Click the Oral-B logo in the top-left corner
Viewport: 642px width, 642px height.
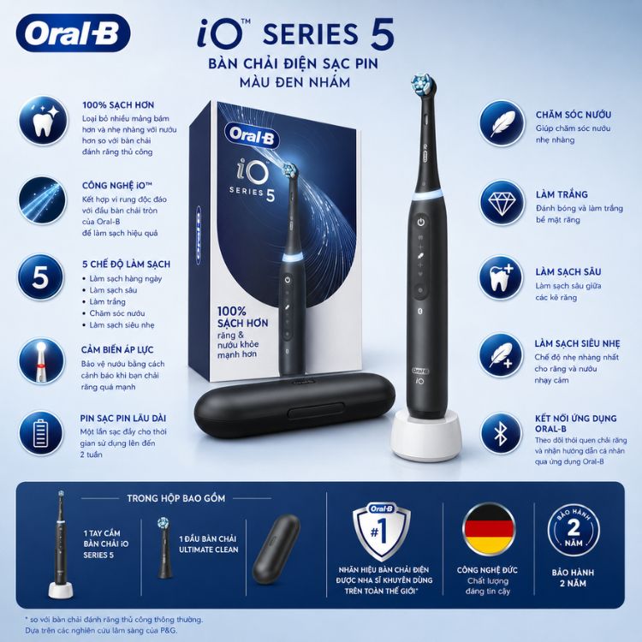click(74, 33)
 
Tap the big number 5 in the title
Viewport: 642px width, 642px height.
click(383, 34)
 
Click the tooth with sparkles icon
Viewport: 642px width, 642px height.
click(43, 120)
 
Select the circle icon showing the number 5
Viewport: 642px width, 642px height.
click(41, 276)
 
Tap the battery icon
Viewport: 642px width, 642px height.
click(41, 433)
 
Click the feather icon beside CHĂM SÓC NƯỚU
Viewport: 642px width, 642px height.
click(502, 123)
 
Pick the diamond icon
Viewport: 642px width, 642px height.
click(502, 202)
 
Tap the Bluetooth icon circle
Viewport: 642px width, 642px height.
click(502, 434)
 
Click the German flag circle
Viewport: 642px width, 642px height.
click(488, 530)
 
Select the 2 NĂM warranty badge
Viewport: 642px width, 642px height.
click(574, 530)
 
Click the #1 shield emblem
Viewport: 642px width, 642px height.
click(382, 531)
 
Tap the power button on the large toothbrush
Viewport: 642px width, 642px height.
click(421, 223)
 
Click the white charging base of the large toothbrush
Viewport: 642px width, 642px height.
click(426, 436)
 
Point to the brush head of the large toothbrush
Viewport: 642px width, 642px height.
click(423, 85)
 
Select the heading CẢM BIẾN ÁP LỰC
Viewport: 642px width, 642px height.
click(117, 349)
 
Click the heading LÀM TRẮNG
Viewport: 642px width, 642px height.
click(562, 194)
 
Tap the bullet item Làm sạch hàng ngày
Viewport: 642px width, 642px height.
click(126, 278)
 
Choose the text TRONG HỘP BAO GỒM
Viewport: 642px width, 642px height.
click(176, 498)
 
